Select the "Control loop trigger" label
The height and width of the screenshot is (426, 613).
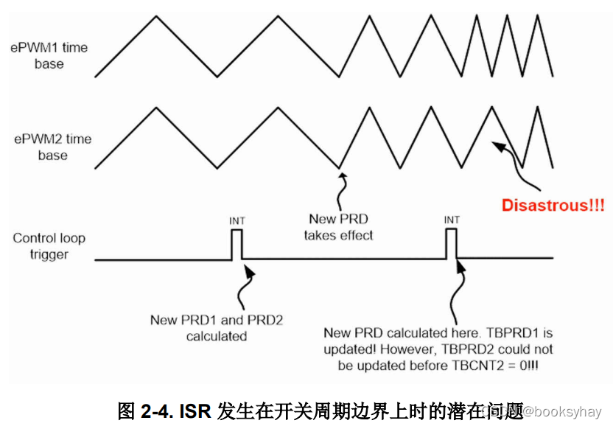click(49, 246)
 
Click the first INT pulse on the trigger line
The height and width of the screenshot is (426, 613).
click(237, 244)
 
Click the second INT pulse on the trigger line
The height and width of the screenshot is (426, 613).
click(452, 244)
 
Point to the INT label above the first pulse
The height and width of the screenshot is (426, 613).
click(237, 220)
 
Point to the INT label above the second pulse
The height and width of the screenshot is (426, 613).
click(452, 220)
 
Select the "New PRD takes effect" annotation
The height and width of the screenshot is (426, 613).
click(339, 227)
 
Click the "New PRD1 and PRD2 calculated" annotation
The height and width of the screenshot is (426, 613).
click(217, 328)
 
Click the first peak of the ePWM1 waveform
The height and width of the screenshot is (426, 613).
click(155, 16)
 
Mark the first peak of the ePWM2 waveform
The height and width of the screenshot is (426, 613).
click(155, 108)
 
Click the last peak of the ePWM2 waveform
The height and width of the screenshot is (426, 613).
click(536, 108)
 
